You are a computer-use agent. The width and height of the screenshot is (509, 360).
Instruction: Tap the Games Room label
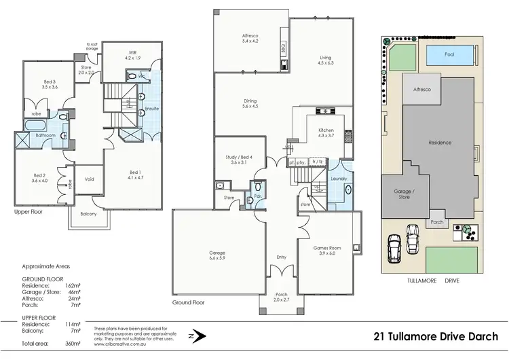(x=327, y=251)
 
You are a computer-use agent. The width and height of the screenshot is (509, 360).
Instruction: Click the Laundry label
(x=338, y=179)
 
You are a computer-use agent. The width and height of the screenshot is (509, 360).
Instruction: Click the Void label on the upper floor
(x=89, y=180)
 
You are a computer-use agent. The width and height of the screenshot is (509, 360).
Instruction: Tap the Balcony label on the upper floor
(x=88, y=215)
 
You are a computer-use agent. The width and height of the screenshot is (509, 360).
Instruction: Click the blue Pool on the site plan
(x=449, y=55)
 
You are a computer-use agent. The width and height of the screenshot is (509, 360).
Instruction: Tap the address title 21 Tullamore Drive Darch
(x=436, y=336)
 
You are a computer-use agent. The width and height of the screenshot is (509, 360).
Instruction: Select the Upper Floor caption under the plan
(x=28, y=212)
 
